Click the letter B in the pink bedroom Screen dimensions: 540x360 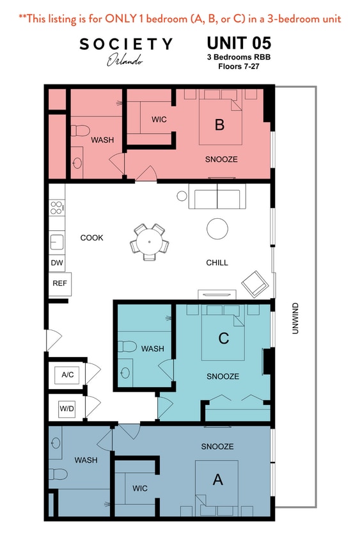(219, 125)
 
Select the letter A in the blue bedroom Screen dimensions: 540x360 (217, 479)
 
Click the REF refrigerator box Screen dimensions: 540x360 (59, 283)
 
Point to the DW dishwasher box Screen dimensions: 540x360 (56, 263)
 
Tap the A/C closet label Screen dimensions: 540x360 (67, 374)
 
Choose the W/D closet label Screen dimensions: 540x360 (67, 407)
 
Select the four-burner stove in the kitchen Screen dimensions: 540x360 (56, 207)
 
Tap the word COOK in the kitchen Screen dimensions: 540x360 (91, 238)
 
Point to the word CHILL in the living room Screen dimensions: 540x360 (217, 262)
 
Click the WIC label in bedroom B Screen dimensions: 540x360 (159, 120)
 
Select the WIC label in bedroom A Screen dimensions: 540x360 (140, 488)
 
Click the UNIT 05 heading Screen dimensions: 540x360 (239, 44)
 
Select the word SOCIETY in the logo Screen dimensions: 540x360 (125, 44)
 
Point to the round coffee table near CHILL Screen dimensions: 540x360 (217, 228)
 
